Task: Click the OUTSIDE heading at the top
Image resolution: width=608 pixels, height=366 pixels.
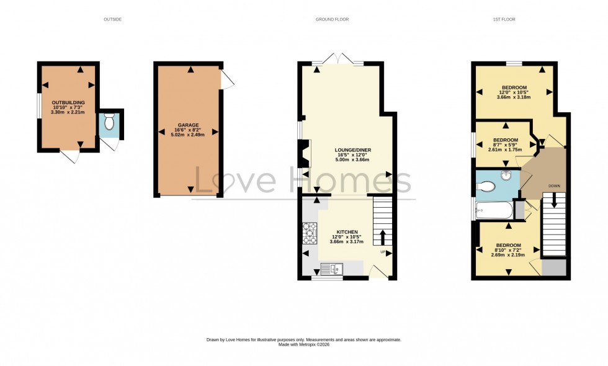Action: pos(112,19)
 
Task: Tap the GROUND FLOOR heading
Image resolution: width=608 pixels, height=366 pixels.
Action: pos(332,19)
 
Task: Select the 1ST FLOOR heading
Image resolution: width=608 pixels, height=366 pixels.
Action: pos(504,19)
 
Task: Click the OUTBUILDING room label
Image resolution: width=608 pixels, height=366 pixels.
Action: pos(68,102)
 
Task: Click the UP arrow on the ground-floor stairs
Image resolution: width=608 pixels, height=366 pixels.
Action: pos(382,238)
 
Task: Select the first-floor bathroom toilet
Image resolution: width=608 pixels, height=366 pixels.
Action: pos(489,185)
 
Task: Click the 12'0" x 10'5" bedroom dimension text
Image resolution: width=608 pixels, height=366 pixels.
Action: pos(514,92)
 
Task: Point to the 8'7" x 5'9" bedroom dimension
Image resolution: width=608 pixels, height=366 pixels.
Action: pos(505,145)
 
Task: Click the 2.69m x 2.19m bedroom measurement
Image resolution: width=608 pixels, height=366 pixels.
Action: pos(507,254)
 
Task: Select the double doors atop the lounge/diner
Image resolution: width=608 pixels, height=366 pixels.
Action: pos(338,59)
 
